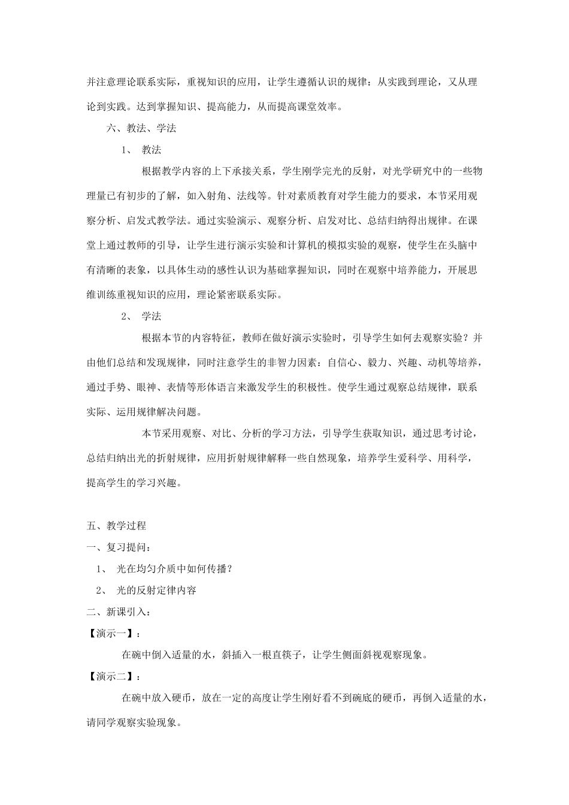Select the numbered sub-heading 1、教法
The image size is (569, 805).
click(x=141, y=150)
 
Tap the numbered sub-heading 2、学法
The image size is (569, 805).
click(x=141, y=316)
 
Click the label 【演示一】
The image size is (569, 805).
click(x=111, y=633)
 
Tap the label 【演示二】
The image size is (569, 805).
click(x=111, y=676)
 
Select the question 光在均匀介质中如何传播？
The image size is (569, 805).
click(x=174, y=568)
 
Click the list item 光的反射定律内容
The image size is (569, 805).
click(x=156, y=590)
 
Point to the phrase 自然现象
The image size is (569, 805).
click(x=327, y=458)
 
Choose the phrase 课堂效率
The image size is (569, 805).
click(x=320, y=107)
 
